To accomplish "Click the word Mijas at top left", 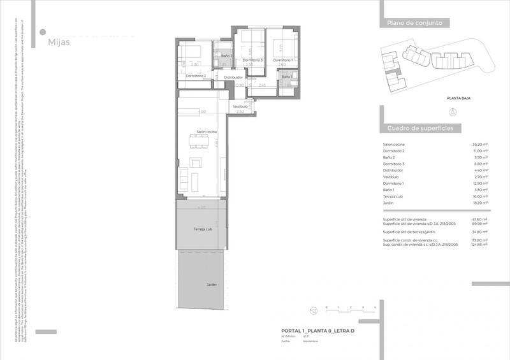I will (x=59, y=42).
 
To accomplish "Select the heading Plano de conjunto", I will (x=414, y=24).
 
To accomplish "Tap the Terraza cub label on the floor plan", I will (x=203, y=229).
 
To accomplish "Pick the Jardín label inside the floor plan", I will (x=212, y=285).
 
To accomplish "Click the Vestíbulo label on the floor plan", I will (x=240, y=106).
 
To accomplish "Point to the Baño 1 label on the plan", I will (x=287, y=76).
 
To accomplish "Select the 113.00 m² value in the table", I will (x=479, y=240).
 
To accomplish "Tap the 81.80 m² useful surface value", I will (x=480, y=219).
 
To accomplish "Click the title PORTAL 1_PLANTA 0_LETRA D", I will (x=318, y=331).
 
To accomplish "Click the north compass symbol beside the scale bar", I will (x=313, y=310).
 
